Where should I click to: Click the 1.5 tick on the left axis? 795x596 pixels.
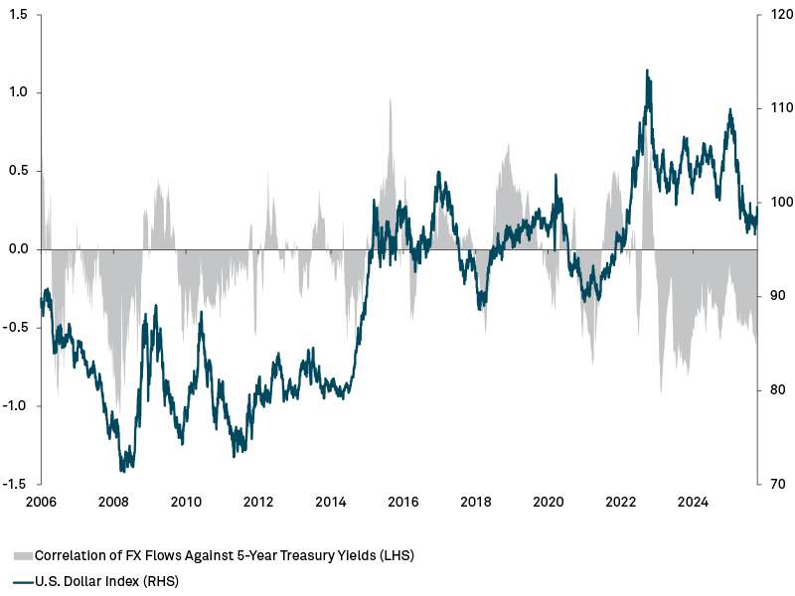click(18, 15)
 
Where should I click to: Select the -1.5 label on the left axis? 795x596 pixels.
click(16, 484)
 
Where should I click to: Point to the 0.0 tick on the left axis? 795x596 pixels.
click(18, 249)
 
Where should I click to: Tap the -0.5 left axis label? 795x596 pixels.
click(16, 328)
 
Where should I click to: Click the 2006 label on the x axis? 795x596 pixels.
click(40, 502)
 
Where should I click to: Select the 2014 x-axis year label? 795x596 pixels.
click(331, 502)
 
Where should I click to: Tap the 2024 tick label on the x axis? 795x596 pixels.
click(694, 502)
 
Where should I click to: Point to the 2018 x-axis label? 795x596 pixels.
click(476, 502)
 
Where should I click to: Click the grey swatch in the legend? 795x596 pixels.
click(23, 555)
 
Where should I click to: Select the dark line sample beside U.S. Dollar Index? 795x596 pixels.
click(23, 581)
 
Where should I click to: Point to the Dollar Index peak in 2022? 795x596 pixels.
click(648, 71)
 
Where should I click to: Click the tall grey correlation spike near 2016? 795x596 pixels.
click(390, 99)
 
